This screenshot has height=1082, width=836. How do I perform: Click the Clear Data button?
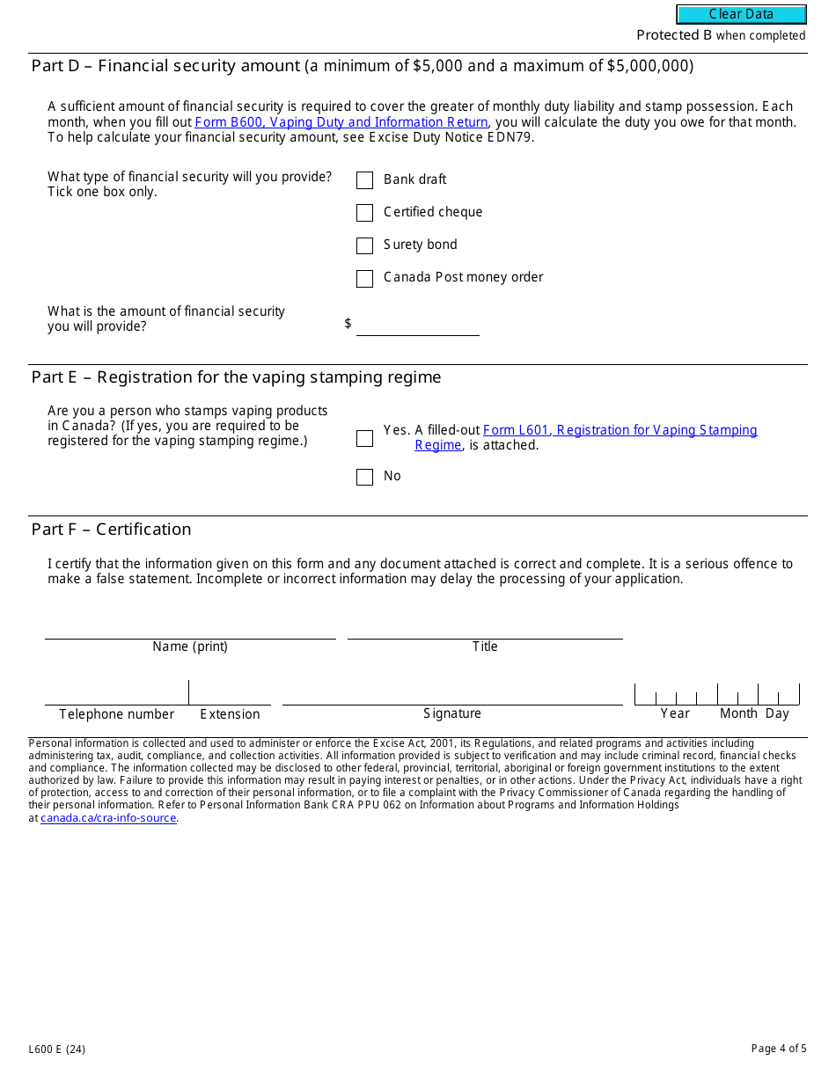point(741,14)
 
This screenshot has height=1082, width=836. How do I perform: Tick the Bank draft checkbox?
point(364,180)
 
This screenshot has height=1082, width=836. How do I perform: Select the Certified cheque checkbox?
point(364,213)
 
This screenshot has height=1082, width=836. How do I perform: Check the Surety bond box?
point(364,245)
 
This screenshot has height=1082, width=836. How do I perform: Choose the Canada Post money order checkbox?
point(364,279)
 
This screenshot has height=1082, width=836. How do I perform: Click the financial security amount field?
point(417,325)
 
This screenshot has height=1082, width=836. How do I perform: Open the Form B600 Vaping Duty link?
point(341,122)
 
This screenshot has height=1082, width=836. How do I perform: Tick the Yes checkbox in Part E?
point(364,438)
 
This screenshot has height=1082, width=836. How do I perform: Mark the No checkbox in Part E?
point(364,477)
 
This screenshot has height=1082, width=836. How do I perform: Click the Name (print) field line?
point(190,628)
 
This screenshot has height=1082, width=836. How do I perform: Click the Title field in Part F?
point(484,628)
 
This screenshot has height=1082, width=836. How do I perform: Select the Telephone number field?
point(116,693)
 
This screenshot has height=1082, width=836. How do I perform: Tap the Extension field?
point(230,693)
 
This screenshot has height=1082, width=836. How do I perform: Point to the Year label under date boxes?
point(675,713)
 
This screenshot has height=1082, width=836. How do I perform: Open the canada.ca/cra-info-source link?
point(108,818)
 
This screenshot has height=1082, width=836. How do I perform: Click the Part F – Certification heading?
point(111,529)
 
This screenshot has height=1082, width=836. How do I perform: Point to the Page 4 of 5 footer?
point(778,1049)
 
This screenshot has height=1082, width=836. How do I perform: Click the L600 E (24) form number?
point(56,1049)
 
